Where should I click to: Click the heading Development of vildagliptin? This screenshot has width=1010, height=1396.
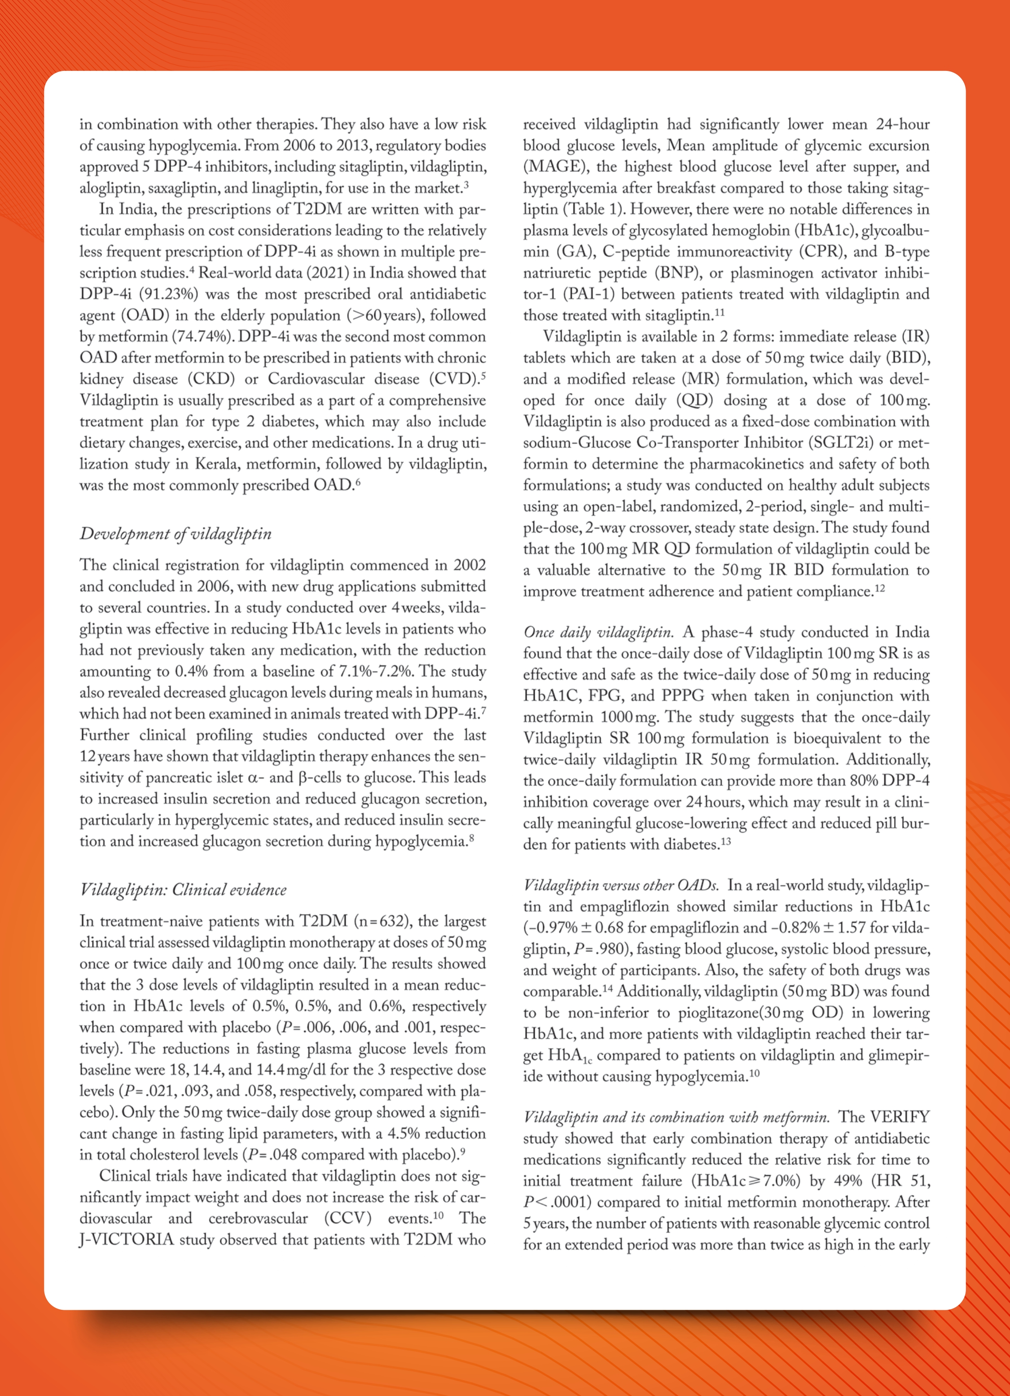click(176, 534)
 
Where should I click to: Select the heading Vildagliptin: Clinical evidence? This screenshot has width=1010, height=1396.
click(184, 889)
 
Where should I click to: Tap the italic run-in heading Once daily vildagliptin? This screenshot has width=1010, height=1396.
click(598, 632)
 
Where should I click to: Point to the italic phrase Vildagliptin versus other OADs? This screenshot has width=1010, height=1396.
click(621, 885)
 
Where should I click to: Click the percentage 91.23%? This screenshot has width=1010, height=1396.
click(172, 294)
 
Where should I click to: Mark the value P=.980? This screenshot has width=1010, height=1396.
click(597, 949)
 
